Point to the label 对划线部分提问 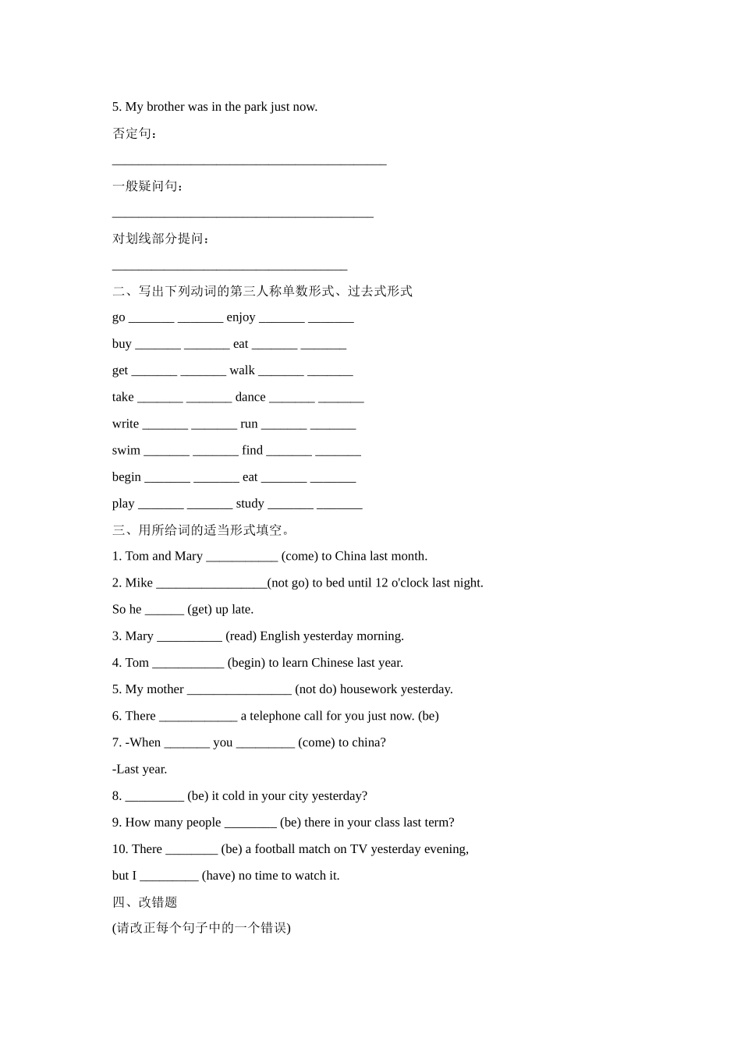coord(161,239)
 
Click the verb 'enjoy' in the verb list coord(241,317)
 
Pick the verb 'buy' coord(122,344)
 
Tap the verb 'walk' coord(242,370)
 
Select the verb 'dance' coord(250,397)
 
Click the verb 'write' coord(126,423)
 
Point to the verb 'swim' coord(126,450)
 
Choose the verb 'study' coord(250,504)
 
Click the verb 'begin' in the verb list coord(126,476)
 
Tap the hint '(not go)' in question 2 coord(288,583)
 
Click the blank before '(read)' coord(190,636)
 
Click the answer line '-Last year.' coord(140,769)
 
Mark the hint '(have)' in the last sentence coord(218,876)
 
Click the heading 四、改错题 coord(145,902)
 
